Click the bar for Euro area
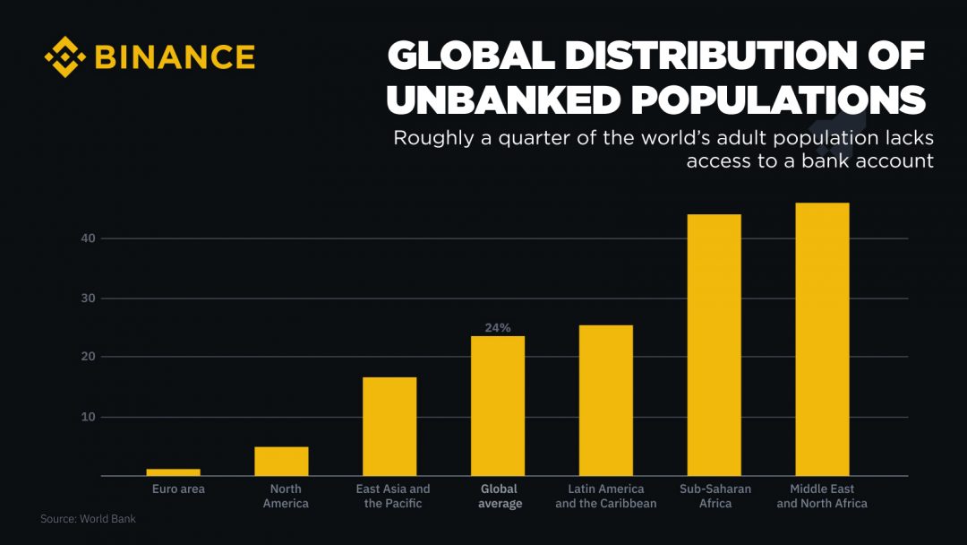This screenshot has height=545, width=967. pyautogui.click(x=173, y=472)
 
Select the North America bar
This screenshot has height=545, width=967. pyautogui.click(x=281, y=461)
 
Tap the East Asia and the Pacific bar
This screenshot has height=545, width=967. pyautogui.click(x=389, y=427)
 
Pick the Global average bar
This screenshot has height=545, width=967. pyautogui.click(x=498, y=406)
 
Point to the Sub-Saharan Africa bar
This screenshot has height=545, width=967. pyautogui.click(x=715, y=345)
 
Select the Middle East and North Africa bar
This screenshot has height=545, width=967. pyautogui.click(x=822, y=339)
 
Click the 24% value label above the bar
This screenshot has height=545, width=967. pyautogui.click(x=498, y=328)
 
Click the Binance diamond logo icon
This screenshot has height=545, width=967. pyautogui.click(x=64, y=57)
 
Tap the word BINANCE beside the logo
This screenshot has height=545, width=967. pyautogui.click(x=175, y=57)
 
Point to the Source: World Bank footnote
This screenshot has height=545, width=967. pyautogui.click(x=88, y=519)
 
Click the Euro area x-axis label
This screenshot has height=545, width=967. pyautogui.click(x=178, y=489)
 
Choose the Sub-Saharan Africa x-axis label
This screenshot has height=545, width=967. pyautogui.click(x=715, y=496)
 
